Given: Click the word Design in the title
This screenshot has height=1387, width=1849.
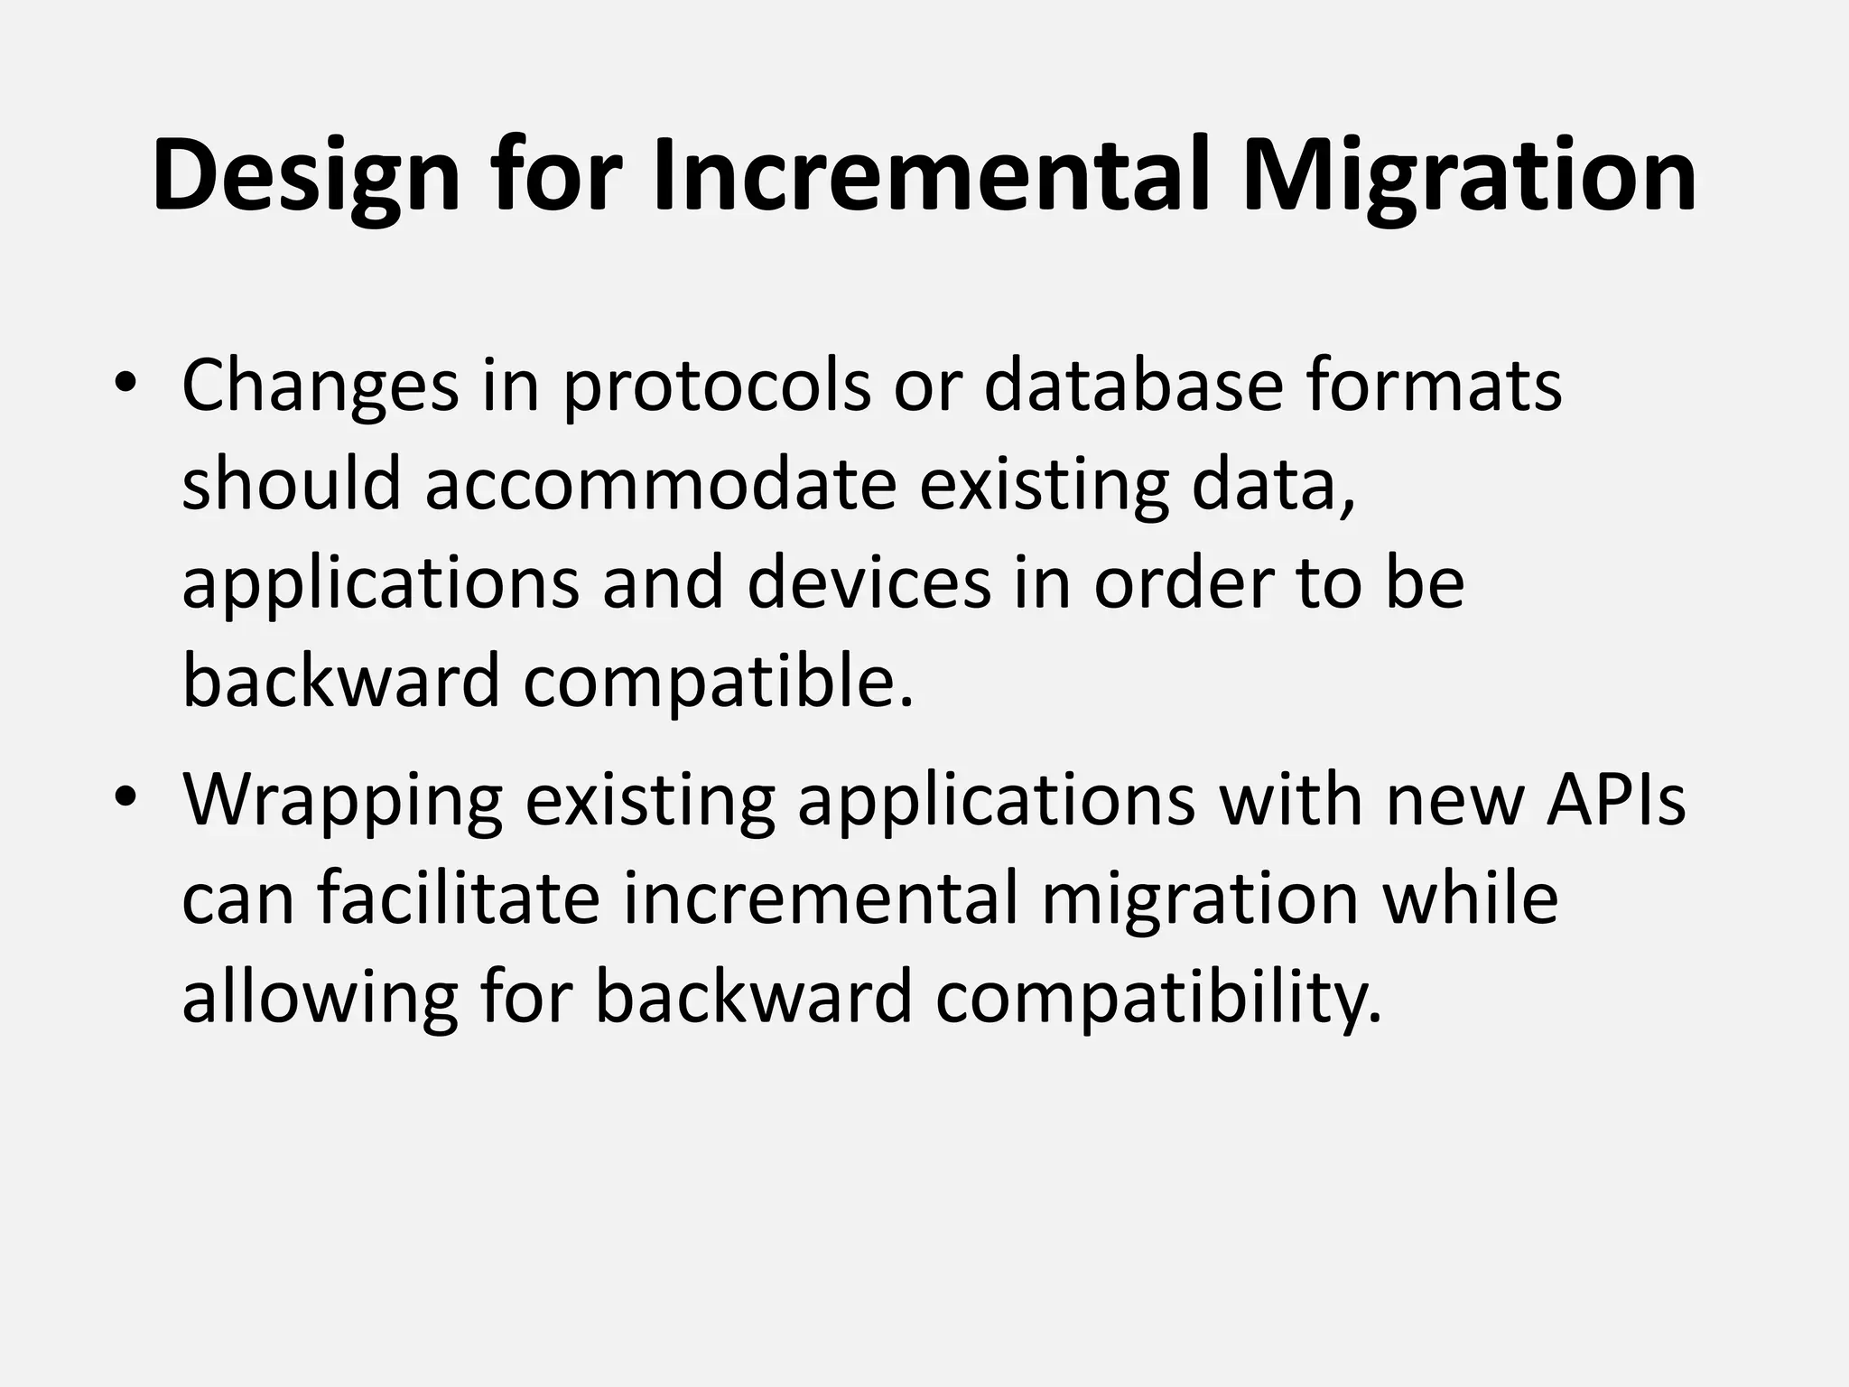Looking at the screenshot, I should tap(306, 177).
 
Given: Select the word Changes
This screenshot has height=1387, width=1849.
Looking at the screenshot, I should tap(320, 386).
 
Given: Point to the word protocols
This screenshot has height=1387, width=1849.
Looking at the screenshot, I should tap(717, 386).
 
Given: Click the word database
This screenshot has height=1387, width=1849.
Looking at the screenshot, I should tap(1132, 385).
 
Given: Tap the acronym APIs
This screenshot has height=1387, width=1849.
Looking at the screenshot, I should tap(1615, 799).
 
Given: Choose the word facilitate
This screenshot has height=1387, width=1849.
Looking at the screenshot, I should tap(459, 898).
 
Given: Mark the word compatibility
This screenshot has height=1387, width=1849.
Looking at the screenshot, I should tap(1158, 998).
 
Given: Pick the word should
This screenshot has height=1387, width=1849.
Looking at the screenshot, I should tap(291, 483).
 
